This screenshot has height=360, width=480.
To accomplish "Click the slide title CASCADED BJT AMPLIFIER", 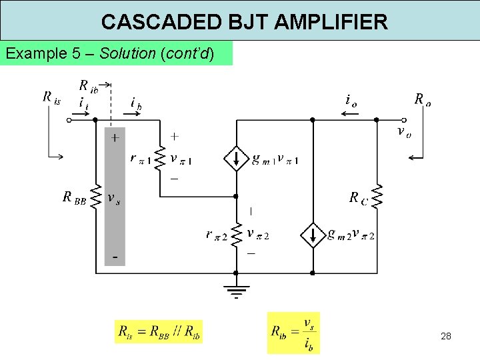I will (244, 22).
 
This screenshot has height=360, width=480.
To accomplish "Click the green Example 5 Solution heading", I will (110, 53).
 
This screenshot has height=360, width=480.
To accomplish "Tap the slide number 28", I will (446, 336).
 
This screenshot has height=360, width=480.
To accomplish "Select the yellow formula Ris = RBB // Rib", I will (159, 331).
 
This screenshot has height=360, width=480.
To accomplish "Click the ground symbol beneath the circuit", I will (235, 291).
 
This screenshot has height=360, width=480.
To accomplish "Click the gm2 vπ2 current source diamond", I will (312, 235).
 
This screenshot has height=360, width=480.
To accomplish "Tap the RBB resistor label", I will (74, 197).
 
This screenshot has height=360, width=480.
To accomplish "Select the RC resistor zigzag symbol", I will (377, 196).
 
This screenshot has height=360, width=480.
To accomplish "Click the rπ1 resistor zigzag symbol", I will (160, 158).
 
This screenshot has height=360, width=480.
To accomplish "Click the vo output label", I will (403, 132).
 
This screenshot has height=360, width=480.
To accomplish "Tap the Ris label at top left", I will (52, 98).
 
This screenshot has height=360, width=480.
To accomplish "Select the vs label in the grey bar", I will (114, 198).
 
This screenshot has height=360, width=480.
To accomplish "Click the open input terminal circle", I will (69, 121).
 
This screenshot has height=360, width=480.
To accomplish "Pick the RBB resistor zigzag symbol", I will (95, 197).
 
